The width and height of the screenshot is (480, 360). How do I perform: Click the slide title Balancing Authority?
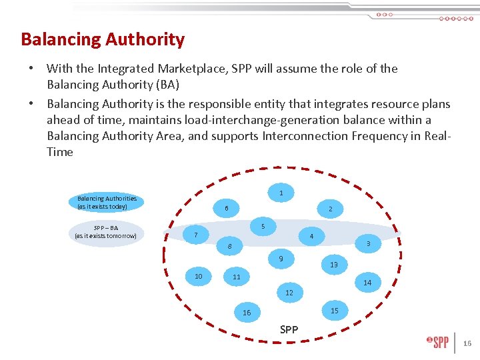103,40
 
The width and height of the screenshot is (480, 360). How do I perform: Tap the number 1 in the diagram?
281,193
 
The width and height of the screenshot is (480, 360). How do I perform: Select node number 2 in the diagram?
330,209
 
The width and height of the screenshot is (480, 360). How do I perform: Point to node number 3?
368,245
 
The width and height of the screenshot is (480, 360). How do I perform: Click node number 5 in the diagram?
263,227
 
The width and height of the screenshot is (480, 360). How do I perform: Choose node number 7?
195,235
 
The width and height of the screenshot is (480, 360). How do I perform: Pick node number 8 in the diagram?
229,247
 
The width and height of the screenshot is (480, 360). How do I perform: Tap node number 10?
198,276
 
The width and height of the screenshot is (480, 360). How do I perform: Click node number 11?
236,277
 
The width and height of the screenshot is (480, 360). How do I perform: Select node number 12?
289,293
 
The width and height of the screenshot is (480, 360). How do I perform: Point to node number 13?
334,265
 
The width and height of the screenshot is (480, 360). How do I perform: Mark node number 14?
367,283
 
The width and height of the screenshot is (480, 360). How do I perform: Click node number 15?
335,311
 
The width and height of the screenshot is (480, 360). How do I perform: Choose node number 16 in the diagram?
247,313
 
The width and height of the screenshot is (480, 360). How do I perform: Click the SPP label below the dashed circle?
289,329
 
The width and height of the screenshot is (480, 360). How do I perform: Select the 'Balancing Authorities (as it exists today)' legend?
107,202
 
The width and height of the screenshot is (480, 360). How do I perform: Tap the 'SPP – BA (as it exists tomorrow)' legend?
105,231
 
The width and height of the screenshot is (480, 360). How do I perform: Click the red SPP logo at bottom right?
438,343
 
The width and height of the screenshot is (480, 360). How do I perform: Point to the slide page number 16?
467,343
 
